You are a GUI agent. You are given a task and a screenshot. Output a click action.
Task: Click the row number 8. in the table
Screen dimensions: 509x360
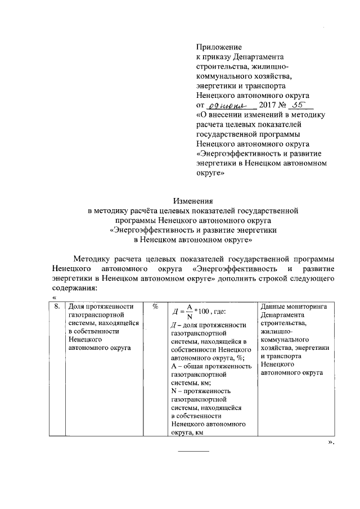pyautogui.click(x=57, y=307)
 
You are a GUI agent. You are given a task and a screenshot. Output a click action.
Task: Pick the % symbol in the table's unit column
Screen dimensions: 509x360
pyautogui.click(x=155, y=307)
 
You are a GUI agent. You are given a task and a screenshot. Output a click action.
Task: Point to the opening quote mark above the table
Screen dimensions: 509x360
pyautogui.click(x=54, y=297)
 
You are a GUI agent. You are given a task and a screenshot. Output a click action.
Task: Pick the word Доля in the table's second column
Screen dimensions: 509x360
pyautogui.click(x=77, y=307)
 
